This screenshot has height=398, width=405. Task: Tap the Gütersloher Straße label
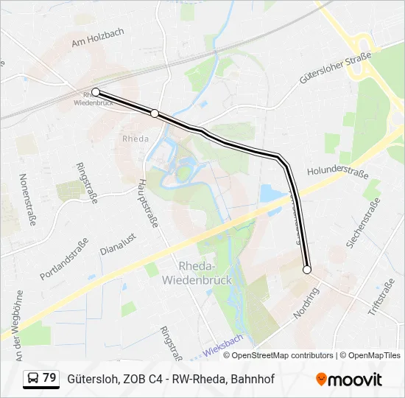point(334,69)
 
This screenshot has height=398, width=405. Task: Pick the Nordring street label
point(306,303)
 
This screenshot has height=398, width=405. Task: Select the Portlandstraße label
point(64,259)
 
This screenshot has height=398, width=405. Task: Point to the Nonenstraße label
point(29,200)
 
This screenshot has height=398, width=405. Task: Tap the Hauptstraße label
point(149,203)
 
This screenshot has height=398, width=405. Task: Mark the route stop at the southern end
point(307,270)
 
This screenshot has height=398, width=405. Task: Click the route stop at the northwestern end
point(95,93)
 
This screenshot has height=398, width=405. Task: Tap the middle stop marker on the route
point(155,113)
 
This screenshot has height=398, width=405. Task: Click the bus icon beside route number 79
point(34,378)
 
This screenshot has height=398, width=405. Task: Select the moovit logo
point(349,380)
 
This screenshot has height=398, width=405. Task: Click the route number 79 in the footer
point(50,378)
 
